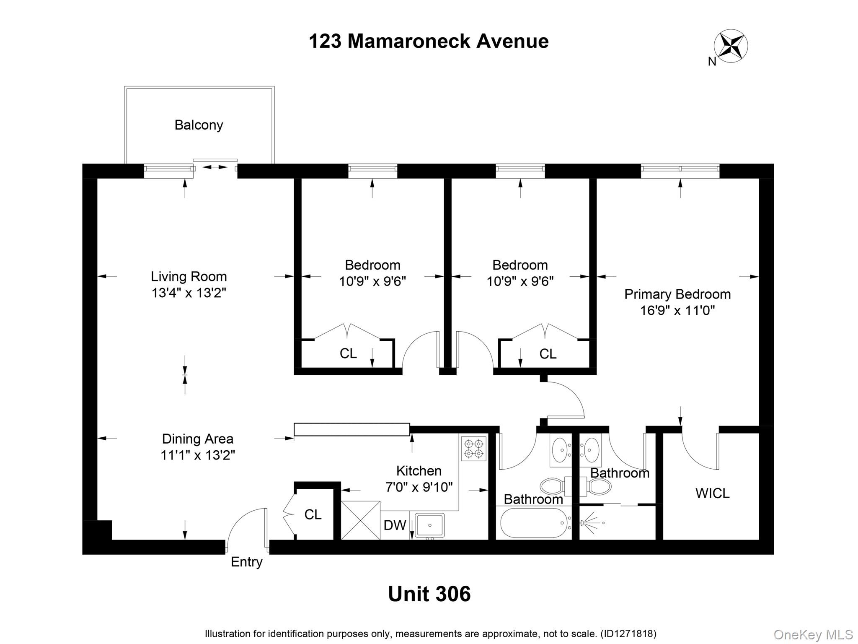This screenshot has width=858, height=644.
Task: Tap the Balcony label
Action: coord(199,125)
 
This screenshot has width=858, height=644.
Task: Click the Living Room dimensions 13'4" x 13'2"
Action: coord(189,293)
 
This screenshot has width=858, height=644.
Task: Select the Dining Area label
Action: coord(197,439)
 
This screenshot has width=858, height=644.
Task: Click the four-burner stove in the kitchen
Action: coord(474,449)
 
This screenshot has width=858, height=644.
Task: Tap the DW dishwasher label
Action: coord(395,525)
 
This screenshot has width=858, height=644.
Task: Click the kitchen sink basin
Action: coord(430,525)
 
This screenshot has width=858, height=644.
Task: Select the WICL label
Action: coord(712,493)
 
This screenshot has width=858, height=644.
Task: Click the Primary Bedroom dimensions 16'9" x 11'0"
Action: coord(677,311)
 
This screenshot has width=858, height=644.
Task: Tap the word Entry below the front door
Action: coord(246,562)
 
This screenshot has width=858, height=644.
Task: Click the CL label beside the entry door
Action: coord(313,514)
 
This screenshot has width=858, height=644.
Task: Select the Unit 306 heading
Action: coord(429,594)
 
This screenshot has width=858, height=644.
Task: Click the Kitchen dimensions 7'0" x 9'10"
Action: coord(419,487)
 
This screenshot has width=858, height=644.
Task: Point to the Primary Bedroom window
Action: coord(680,169)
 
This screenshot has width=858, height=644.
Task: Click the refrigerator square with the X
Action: coord(360,520)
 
